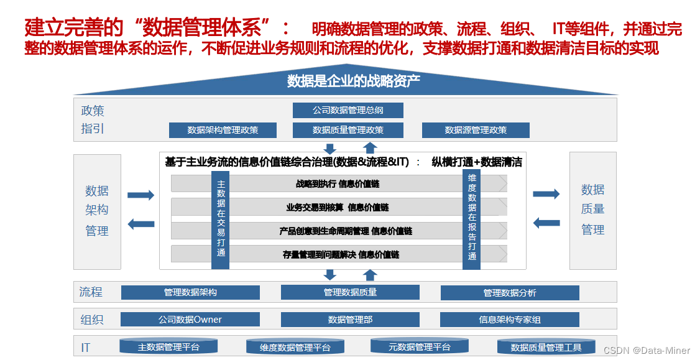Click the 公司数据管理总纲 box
tap(348, 111)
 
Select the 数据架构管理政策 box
tap(223, 130)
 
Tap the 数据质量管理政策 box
tap(348, 130)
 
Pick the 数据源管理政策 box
tap(476, 130)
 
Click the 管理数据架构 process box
tap(190, 292)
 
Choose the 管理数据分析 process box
tap(510, 293)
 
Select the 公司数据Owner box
tap(190, 320)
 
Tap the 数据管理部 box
tap(350, 320)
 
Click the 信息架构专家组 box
tap(510, 320)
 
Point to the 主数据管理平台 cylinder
tap(168, 346)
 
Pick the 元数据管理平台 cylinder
tap(419, 346)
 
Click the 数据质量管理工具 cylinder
tap(546, 347)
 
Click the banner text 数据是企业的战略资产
tap(353, 81)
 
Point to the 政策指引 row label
tap(93, 120)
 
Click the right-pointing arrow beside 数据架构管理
tap(140, 195)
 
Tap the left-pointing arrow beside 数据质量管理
tap(546, 222)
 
